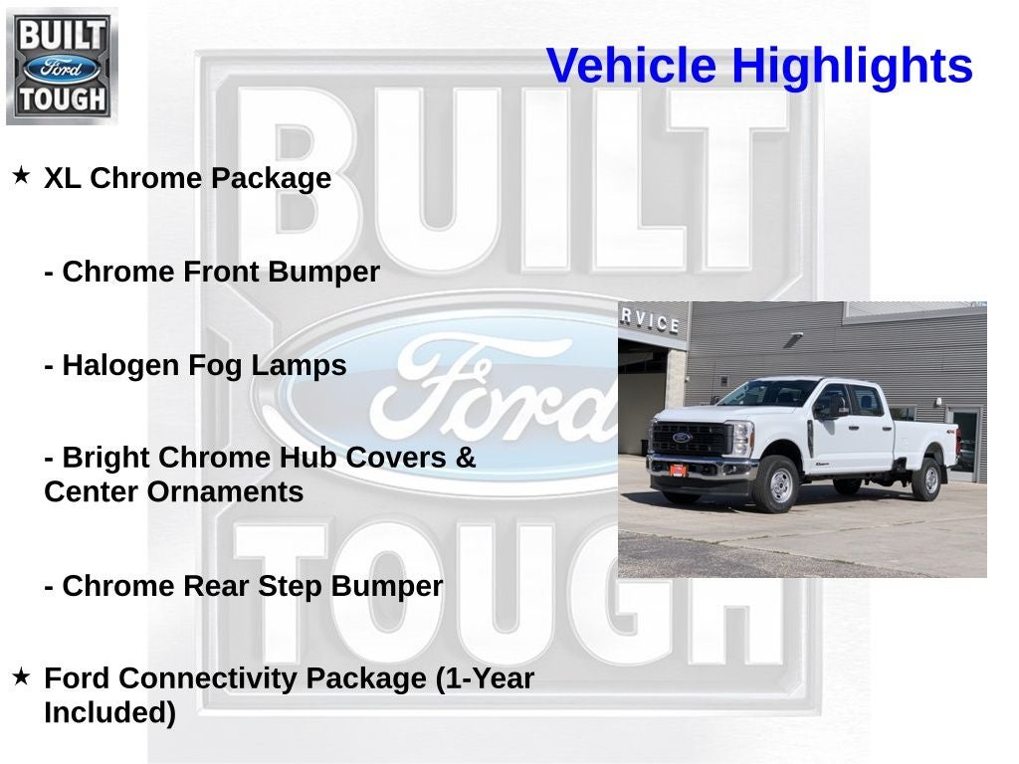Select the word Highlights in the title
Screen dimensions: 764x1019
pos(852,67)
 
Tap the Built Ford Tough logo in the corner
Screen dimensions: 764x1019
pos(62,65)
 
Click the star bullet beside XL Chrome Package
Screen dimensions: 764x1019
pos(21,176)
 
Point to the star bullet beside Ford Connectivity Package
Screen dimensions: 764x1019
pos(21,676)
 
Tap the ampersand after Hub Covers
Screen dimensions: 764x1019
pos(466,458)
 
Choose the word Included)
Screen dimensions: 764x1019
pos(109,712)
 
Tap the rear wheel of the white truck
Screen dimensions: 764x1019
pos(927,479)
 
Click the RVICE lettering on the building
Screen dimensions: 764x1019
pos(652,321)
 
